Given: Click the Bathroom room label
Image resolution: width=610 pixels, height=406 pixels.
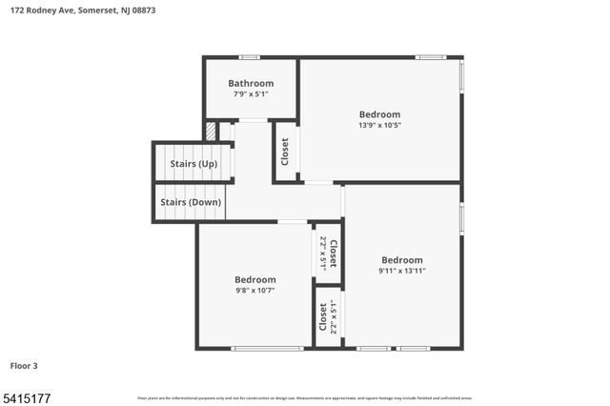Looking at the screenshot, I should [251, 83].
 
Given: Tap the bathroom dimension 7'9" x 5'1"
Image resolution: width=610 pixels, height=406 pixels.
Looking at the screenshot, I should [251, 94].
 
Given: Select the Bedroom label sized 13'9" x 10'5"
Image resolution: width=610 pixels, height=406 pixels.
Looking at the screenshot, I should [379, 114].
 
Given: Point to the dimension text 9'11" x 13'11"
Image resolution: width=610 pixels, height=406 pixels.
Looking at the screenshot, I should [402, 271].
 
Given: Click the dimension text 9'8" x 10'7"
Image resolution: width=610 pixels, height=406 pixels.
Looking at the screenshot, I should [254, 290].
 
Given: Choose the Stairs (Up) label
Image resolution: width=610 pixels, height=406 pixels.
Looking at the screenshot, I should [193, 164].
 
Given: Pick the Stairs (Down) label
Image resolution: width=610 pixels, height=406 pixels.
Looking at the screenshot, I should [191, 202].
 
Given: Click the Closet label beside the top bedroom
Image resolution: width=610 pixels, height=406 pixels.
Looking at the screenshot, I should [285, 152].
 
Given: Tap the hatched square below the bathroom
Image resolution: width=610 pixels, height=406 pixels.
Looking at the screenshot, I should [211, 132].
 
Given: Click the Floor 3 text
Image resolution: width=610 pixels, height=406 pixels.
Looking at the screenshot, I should [24, 365].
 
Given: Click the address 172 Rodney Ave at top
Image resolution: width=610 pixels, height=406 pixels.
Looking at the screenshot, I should [44, 10].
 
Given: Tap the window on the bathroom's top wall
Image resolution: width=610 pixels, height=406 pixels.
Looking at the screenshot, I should [250, 57].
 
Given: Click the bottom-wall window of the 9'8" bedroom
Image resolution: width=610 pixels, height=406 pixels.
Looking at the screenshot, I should [268, 348].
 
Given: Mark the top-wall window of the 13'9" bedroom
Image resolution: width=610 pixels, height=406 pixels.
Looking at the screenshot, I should [431, 57].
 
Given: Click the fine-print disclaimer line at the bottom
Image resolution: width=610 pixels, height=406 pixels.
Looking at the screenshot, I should [305, 397].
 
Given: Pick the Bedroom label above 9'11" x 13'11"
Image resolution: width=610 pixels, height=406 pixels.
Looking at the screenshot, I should [402, 260].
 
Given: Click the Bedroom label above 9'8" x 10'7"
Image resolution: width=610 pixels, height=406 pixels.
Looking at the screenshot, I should [254, 279].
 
